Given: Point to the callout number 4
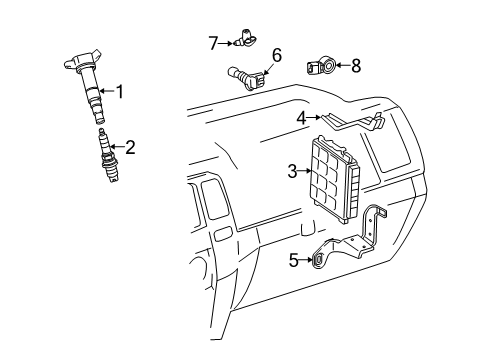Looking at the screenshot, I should point(300,117).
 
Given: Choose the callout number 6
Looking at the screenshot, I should point(277,54).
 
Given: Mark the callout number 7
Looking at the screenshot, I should point(212,42).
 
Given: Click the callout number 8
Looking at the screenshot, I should point(355,66).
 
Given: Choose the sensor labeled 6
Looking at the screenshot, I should point(245,75).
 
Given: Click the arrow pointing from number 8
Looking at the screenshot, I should point(342,66).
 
